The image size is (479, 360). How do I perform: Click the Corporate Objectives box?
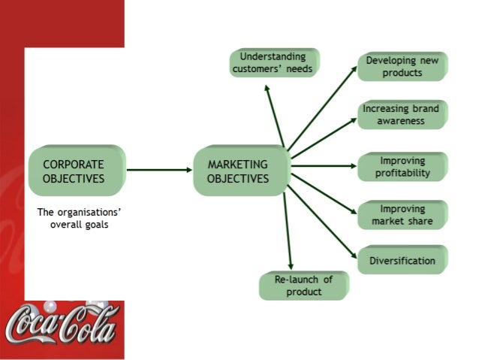[75, 171]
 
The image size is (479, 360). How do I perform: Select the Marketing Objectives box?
[239, 171]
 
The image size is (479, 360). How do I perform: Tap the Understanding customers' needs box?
[274, 62]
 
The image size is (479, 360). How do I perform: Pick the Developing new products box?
[402, 66]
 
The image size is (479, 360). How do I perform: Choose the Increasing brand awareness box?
[402, 114]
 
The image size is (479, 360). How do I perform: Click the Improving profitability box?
[402, 166]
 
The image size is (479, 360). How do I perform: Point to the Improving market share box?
[402, 214]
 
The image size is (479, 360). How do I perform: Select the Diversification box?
[402, 261]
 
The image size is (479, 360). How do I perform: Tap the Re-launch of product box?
[303, 285]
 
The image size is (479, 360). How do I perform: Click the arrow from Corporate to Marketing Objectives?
[159, 170]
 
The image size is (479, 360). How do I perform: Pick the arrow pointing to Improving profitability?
[323, 166]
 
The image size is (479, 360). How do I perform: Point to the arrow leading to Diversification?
[323, 218]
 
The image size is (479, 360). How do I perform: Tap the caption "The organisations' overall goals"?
[80, 218]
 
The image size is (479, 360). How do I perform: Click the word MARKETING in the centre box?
[237, 164]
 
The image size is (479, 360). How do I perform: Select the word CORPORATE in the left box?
[74, 164]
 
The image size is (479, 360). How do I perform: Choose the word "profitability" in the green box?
[403, 173]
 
